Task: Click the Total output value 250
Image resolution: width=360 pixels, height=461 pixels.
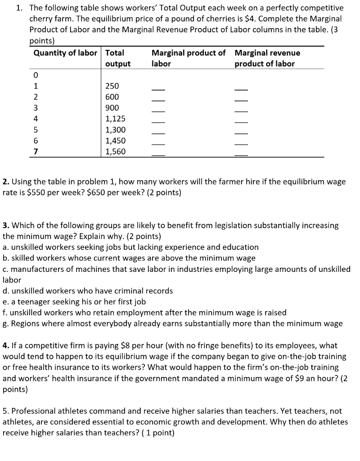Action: point(112,86)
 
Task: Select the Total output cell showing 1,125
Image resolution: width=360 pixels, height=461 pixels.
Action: point(115,119)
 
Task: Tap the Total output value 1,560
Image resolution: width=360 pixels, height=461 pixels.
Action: point(115,152)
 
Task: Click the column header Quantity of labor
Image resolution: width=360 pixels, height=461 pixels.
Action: point(65,53)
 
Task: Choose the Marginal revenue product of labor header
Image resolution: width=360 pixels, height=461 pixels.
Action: point(267,58)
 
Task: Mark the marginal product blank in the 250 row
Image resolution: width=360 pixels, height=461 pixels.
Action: point(158,88)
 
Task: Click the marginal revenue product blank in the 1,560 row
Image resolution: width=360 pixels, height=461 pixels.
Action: point(242,154)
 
